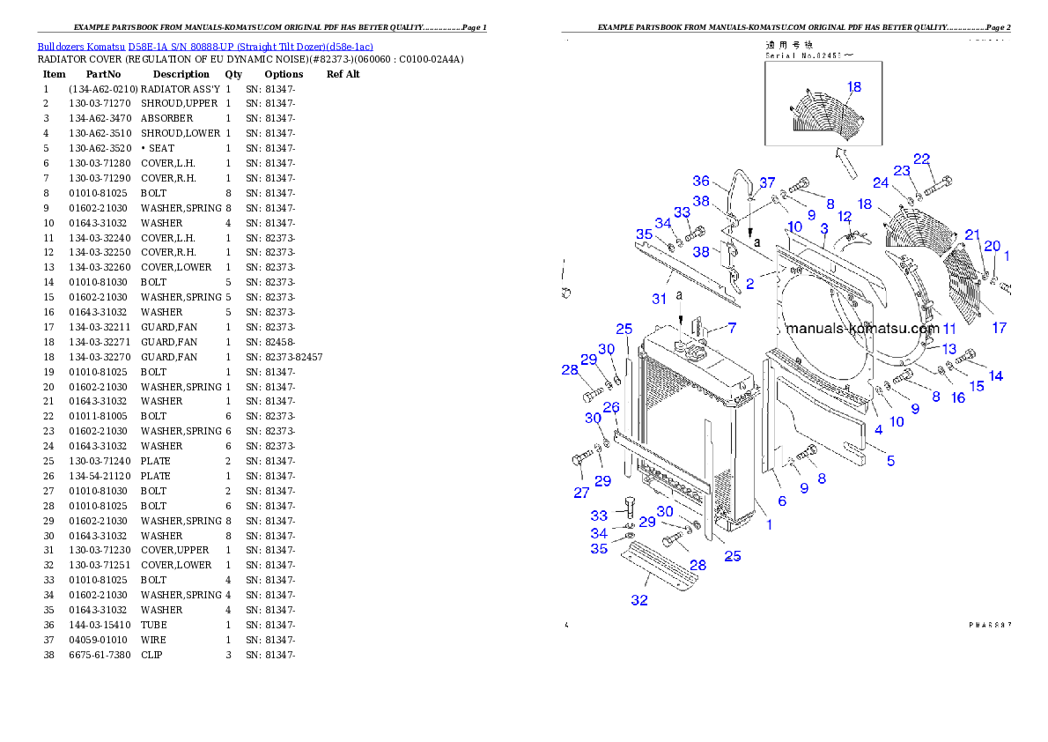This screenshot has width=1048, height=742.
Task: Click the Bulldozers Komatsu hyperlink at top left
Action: (205, 46)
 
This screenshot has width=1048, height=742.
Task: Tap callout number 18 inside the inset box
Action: (854, 86)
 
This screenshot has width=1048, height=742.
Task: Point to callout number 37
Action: (767, 182)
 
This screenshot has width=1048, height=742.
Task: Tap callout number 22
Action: (921, 160)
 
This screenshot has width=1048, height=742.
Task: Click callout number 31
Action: (659, 299)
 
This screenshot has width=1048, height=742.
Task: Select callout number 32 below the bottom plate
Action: (639, 600)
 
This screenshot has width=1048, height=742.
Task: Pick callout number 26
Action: (611, 406)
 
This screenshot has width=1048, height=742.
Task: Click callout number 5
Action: (890, 461)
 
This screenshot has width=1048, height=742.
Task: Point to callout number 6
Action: (781, 501)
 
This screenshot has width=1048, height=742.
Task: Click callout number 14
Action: (995, 375)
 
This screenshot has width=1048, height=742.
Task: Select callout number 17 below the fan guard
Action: (999, 328)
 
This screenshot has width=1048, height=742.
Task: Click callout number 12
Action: (844, 216)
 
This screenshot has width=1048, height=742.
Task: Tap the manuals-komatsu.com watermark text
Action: (862, 329)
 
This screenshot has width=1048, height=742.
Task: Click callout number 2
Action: (749, 284)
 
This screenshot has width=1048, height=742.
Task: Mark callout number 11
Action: (948, 328)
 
